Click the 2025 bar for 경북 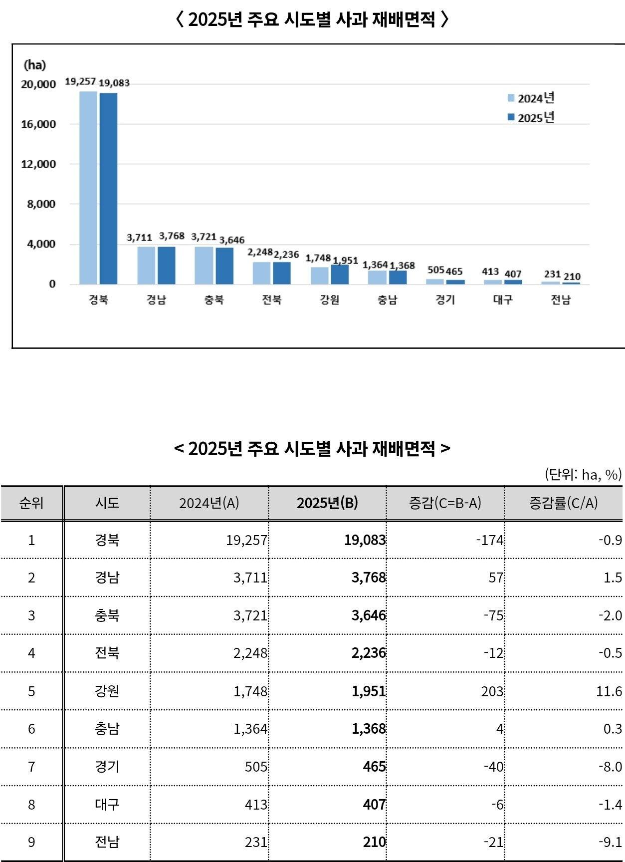tap(108, 188)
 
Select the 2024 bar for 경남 tap(146, 265)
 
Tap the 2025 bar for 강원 tap(340, 274)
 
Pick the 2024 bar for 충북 tap(204, 265)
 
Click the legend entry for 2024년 tap(531, 98)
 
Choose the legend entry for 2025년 tap(531, 117)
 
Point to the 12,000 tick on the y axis tap(38, 164)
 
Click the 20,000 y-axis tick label tap(38, 84)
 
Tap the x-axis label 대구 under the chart tap(503, 299)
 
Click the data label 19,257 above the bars tap(80, 81)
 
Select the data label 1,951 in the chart tap(345, 260)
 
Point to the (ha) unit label tap(34, 65)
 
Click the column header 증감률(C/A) tap(563, 503)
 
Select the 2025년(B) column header tap(327, 503)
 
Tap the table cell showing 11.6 tap(609, 691)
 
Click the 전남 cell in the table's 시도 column tap(107, 842)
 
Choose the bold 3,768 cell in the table tap(369, 577)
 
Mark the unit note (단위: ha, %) tap(583, 474)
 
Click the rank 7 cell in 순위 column tap(31, 767)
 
